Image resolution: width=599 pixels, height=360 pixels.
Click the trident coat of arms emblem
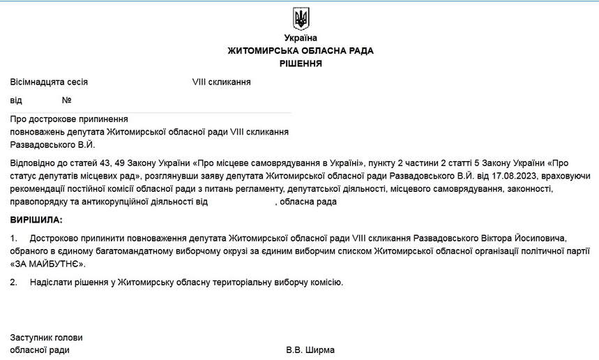pos(301,19)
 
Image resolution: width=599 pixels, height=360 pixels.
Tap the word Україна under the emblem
pos(301,38)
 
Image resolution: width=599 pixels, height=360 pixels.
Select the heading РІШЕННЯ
pos(301,63)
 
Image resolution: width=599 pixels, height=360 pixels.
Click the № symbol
pos(67,100)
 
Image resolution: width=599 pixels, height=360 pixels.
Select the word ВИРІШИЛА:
pos(36,220)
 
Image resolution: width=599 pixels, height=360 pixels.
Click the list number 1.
pos(14,239)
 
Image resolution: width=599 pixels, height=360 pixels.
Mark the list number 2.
pos(14,283)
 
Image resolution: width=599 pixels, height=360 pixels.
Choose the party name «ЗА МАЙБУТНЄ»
pos(48,264)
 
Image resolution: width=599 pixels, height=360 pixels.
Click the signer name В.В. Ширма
pos(310,350)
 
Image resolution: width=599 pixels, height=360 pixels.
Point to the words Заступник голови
pos(47,338)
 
